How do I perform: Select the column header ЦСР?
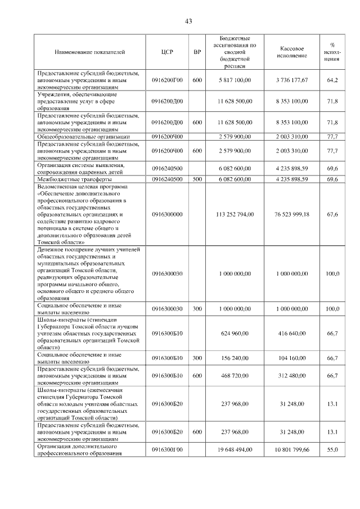click(x=167, y=52)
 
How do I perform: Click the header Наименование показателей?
click(x=90, y=52)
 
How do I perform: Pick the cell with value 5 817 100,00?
click(x=235, y=80)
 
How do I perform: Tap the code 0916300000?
click(x=167, y=214)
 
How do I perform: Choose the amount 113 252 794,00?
click(x=235, y=214)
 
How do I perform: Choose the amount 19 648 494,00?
click(x=235, y=449)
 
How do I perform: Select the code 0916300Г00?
click(x=167, y=449)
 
